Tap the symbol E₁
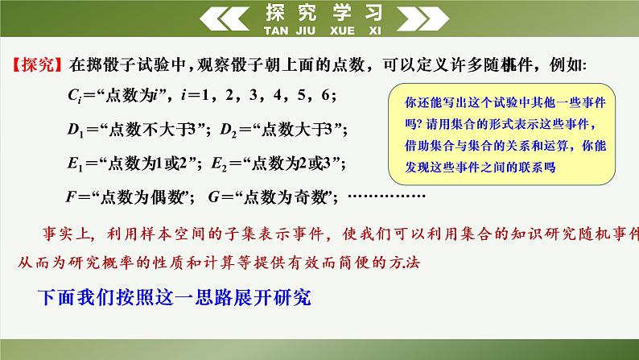pyautogui.click(x=76, y=163)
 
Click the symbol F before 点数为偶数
pyautogui.click(x=73, y=196)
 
